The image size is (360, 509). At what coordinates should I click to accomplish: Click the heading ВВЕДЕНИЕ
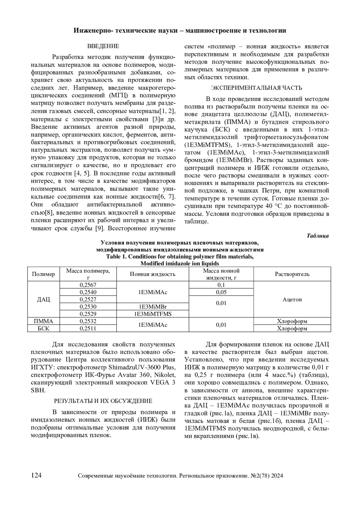click(103, 46)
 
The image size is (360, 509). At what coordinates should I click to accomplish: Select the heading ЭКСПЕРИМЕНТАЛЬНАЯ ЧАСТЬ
click(256, 88)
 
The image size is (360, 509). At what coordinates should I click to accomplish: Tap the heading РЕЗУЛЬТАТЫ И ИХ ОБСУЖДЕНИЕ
click(103, 401)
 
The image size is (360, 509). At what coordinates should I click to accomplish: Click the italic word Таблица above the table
click(318, 236)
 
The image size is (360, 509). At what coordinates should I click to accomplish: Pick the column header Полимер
click(43, 274)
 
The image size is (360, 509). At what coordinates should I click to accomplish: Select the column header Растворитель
click(292, 274)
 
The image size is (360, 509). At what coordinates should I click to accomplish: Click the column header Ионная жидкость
click(152, 274)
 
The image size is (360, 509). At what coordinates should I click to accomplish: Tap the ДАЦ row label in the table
click(43, 299)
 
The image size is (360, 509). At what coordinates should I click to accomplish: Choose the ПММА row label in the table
click(43, 321)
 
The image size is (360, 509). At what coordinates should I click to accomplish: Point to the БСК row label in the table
click(43, 328)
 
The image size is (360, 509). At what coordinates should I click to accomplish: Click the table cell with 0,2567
click(88, 285)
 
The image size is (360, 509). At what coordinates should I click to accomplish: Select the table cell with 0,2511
click(88, 328)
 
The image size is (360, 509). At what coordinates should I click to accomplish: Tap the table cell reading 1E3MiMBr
click(152, 307)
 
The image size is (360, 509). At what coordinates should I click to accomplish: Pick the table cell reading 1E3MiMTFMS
click(152, 314)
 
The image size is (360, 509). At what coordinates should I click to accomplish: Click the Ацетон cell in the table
click(292, 299)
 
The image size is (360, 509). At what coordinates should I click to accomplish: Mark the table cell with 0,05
click(221, 292)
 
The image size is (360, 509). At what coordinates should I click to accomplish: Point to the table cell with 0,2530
click(88, 307)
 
